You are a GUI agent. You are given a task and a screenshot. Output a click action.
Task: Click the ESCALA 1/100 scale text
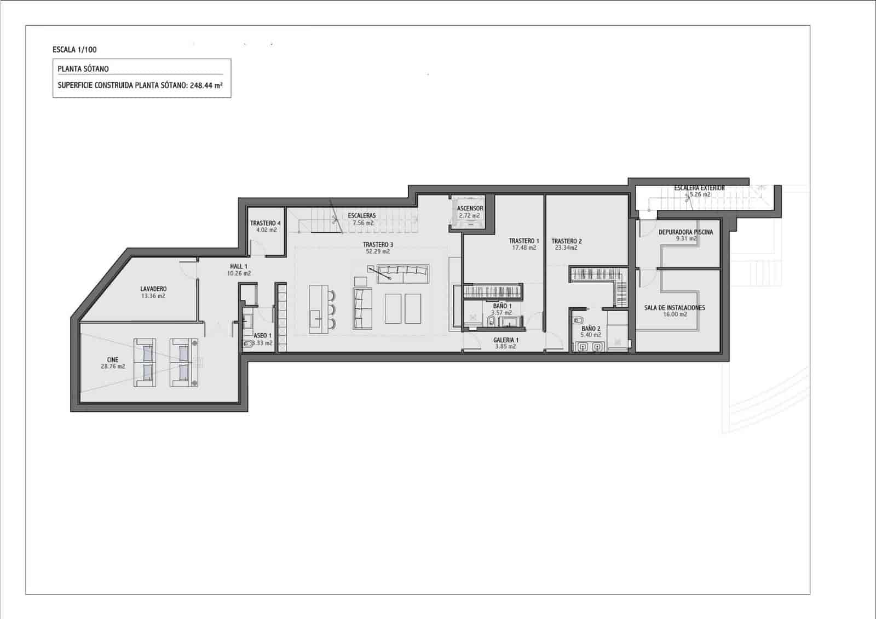75,50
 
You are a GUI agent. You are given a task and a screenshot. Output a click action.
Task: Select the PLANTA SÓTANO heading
83,69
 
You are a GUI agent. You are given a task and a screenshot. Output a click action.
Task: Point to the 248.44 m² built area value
206,85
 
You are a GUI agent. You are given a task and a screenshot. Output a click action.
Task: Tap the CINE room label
112,360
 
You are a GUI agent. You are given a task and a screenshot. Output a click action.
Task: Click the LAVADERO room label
153,289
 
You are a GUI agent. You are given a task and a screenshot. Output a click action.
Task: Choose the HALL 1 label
239,266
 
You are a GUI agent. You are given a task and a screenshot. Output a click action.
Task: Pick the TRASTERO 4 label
266,223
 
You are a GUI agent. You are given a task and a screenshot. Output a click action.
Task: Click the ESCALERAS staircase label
362,216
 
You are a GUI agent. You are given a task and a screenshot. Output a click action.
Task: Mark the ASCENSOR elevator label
470,209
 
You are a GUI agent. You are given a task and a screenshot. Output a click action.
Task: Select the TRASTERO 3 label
378,245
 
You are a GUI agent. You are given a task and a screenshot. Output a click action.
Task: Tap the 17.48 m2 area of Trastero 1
524,248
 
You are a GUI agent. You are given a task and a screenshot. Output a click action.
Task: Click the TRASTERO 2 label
566,241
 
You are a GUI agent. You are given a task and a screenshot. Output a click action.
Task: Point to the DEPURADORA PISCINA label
685,232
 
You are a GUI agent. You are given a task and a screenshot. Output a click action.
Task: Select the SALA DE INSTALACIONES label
675,308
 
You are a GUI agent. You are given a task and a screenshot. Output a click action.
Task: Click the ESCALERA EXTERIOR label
699,188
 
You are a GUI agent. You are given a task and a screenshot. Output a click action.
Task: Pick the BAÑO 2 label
591,329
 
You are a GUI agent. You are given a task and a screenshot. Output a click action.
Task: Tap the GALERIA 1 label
505,340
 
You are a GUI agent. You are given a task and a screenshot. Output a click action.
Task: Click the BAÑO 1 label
502,306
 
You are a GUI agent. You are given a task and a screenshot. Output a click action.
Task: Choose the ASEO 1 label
262,336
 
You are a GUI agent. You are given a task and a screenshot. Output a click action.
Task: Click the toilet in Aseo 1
248,345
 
